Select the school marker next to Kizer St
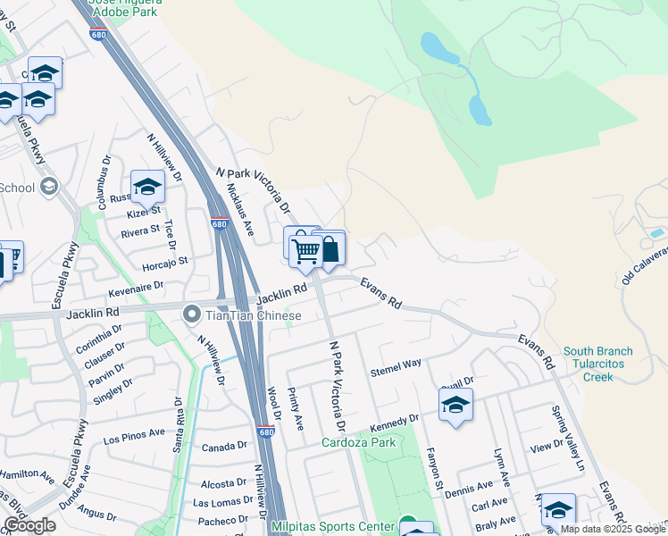[148, 188]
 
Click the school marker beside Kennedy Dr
[455, 406]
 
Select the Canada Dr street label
[224, 446]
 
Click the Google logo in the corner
[29, 525]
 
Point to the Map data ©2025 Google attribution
[612, 529]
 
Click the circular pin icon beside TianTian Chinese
[191, 314]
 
